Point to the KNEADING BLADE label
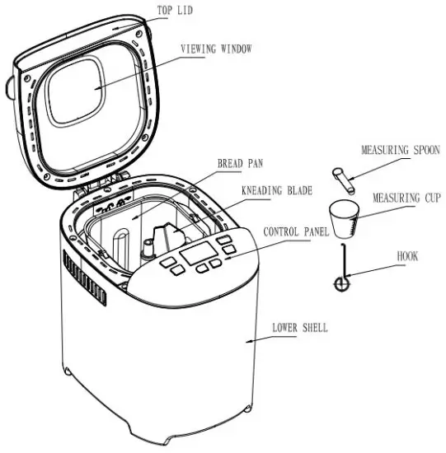pyautogui.click(x=276, y=190)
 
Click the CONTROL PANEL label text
pyautogui.click(x=295, y=233)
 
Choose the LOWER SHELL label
pyautogui.click(x=299, y=328)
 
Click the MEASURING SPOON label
pyautogui.click(x=400, y=150)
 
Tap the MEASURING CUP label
pyautogui.click(x=406, y=198)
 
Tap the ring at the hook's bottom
pyautogui.click(x=340, y=284)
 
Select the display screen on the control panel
pyautogui.click(x=197, y=252)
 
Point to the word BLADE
pyautogui.click(x=296, y=190)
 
